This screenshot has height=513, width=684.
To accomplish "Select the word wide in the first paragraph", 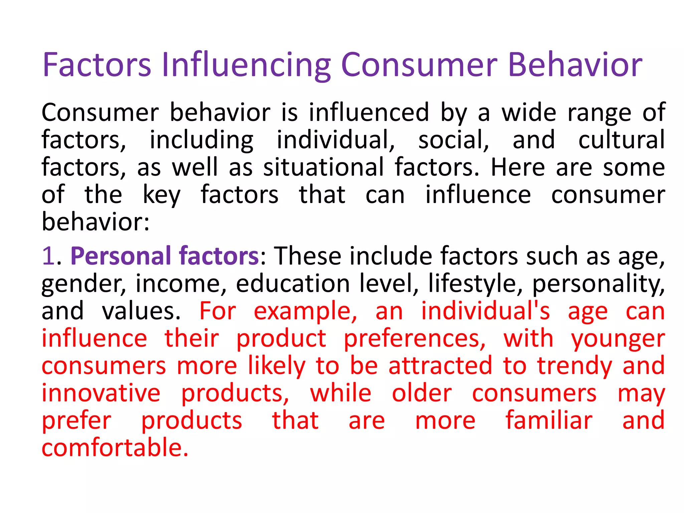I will [529, 113].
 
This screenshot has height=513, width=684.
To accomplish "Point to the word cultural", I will [622, 140].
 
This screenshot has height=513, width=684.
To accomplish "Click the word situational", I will [323, 167].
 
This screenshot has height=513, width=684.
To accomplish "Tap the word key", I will [162, 195].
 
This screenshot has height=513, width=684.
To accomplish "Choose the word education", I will [293, 284].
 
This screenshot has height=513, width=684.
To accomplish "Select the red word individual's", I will [485, 311].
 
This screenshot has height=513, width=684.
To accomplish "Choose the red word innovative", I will [101, 393].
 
